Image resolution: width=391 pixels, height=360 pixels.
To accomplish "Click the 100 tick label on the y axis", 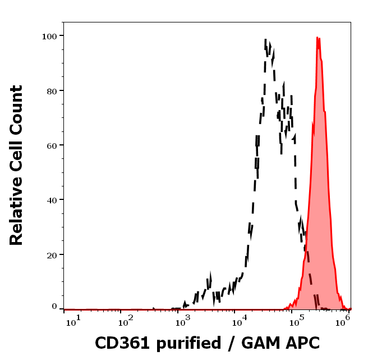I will coord(50,36).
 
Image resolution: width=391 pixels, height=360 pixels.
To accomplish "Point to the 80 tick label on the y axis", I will coord(52,90).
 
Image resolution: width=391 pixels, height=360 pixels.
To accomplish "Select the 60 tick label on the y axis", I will coord(52,145).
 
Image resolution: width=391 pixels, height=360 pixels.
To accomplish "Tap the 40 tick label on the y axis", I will coord(52,200).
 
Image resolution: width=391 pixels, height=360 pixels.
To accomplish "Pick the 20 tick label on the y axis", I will coord(52,255).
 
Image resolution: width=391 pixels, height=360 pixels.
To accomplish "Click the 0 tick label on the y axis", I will coord(54,307).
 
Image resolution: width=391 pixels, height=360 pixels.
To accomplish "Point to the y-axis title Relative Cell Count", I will coord(17,165).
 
